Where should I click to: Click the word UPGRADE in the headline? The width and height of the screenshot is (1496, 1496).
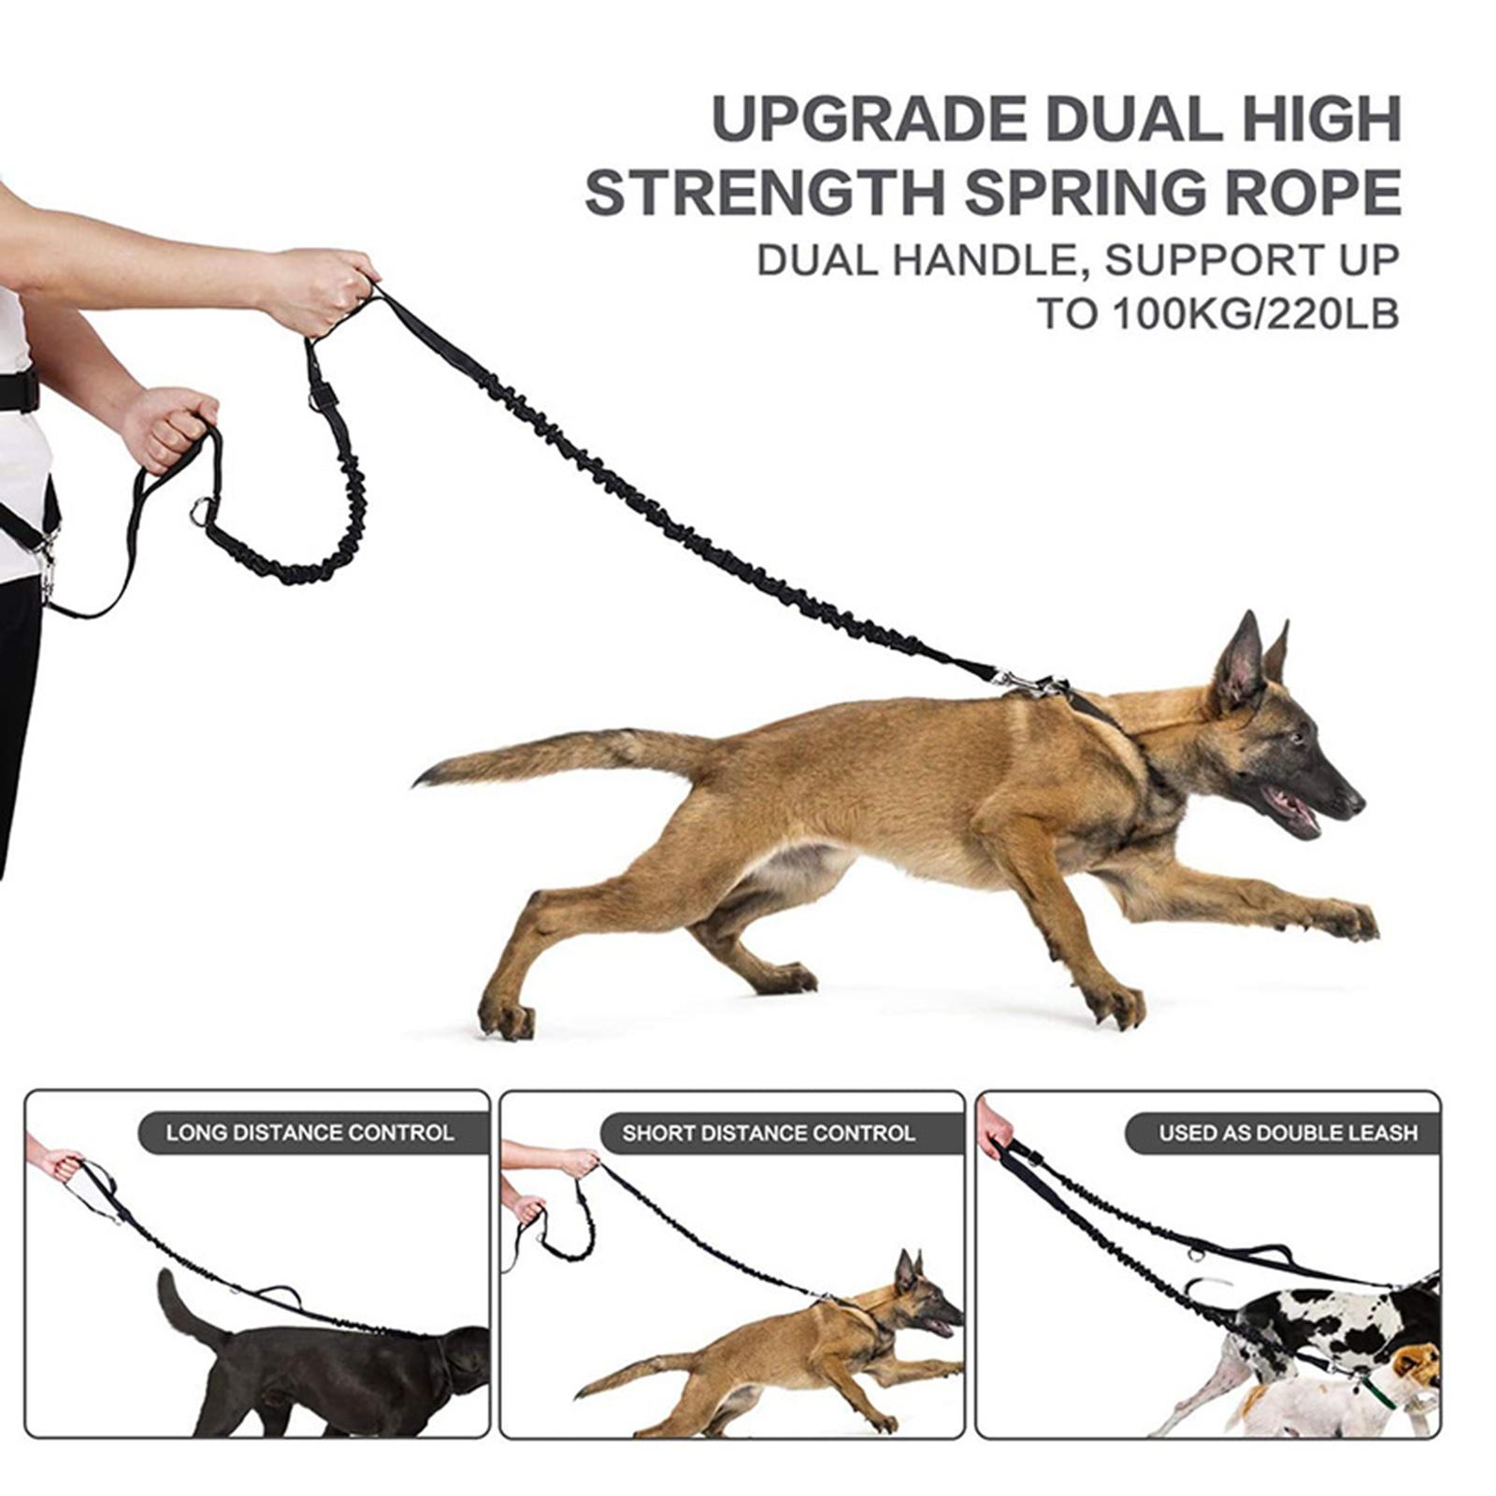pos(869,120)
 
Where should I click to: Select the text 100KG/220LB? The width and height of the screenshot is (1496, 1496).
pos(1256,314)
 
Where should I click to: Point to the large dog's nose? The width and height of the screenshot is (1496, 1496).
pos(1352,802)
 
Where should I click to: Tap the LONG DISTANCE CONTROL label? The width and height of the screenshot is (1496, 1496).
pos(310,1133)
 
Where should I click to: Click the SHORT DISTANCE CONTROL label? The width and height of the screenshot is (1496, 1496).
pos(769,1133)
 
